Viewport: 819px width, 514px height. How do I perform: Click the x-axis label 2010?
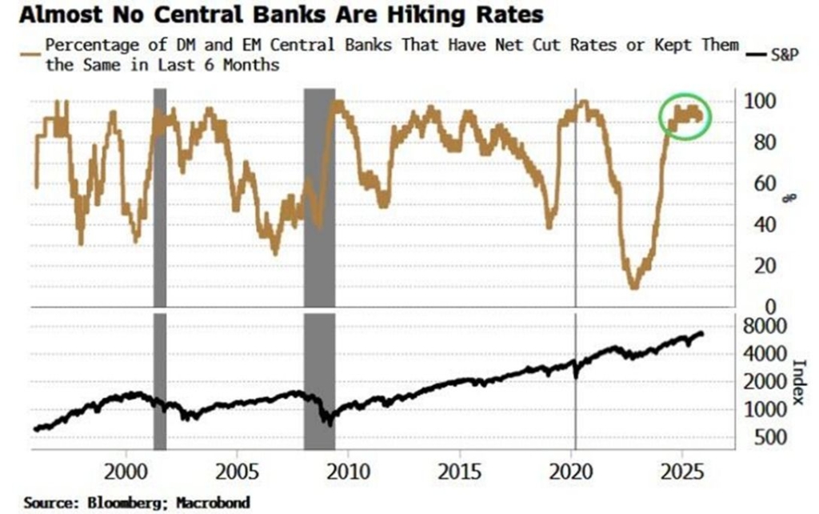point(349,470)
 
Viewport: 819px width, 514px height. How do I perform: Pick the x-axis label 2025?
point(682,470)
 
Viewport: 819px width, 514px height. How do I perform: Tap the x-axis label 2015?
point(460,470)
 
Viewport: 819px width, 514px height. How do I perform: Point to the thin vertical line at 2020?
point(576,200)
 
